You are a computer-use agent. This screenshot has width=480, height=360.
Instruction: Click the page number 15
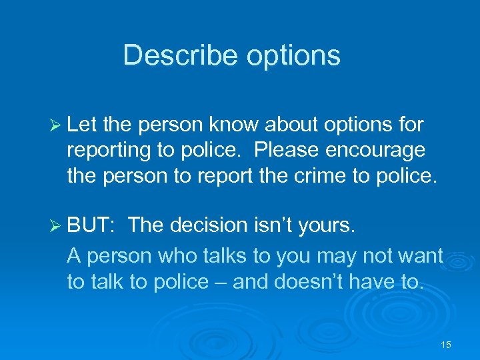pos(446,345)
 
